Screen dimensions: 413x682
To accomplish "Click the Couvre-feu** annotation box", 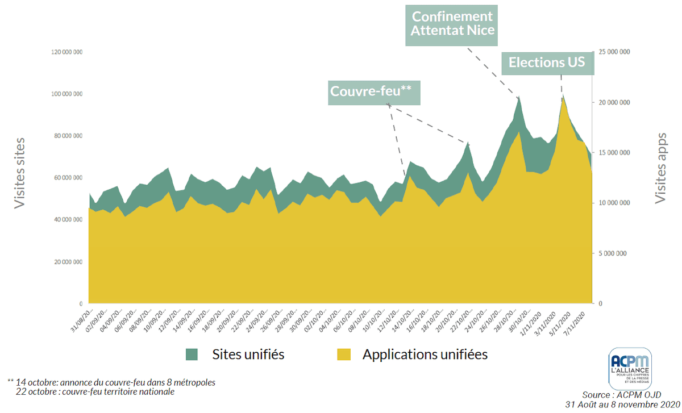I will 374,91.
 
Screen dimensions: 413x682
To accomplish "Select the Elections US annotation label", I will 547,62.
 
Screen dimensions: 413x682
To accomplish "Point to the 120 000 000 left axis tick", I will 67,52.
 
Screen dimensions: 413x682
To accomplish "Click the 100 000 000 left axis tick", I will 67,94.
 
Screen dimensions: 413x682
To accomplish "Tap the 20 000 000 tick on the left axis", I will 68,262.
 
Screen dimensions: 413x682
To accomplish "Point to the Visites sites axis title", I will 20,173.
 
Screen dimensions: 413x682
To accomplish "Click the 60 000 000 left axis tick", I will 68,178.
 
